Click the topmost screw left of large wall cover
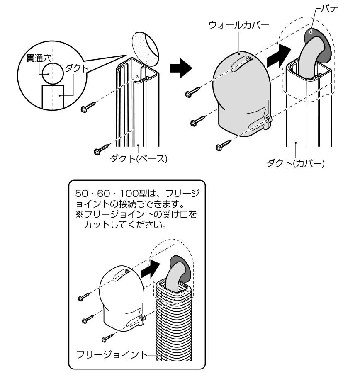point(192,93)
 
